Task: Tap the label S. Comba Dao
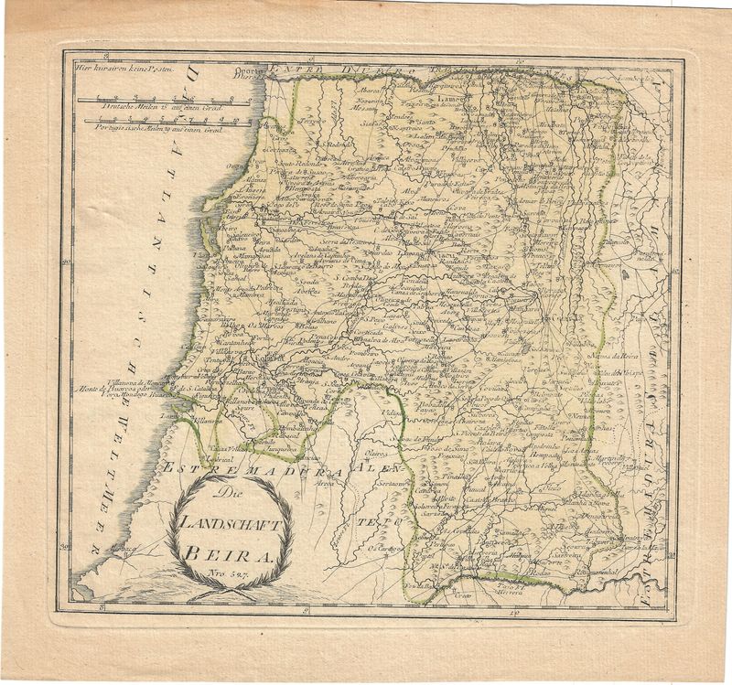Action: click(350, 277)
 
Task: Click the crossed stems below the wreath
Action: click(225, 591)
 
